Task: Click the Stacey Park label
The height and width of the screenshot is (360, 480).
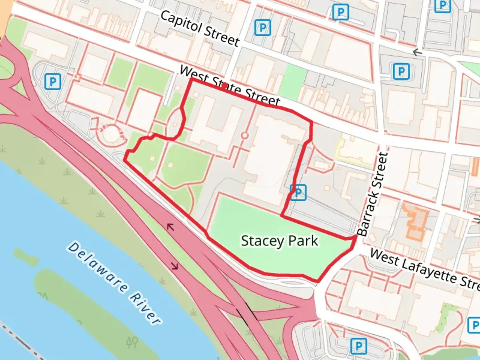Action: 279,241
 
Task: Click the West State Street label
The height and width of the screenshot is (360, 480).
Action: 230,86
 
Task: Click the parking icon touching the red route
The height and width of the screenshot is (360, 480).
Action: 298,192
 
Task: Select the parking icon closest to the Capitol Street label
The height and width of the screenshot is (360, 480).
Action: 262,28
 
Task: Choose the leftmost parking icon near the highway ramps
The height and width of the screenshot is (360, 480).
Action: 53,81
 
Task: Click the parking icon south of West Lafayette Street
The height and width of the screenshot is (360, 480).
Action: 358,346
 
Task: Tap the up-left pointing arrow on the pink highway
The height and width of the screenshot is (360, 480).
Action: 170,227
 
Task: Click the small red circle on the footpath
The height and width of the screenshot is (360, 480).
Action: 245,136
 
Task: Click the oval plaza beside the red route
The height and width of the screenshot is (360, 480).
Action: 175,123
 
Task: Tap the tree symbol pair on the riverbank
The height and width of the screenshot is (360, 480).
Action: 132,342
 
